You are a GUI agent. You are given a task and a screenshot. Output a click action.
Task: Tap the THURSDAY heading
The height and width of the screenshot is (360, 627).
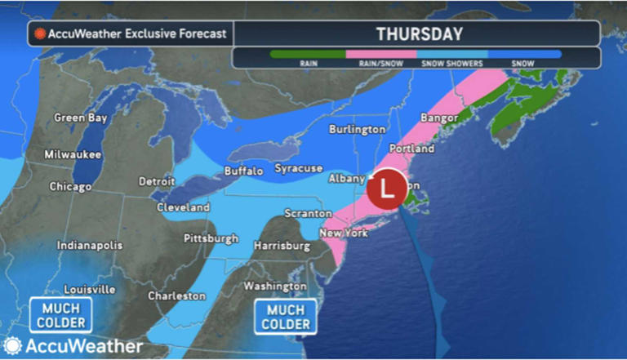[420, 34]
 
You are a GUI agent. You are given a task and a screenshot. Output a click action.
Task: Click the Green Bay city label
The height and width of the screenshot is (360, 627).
[81, 118]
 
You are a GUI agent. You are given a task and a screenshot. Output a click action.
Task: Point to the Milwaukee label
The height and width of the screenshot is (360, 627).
[73, 153]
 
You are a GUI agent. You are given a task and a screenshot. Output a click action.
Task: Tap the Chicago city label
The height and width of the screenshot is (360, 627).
[71, 186]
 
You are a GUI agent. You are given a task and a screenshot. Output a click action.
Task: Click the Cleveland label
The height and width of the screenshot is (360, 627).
[184, 207]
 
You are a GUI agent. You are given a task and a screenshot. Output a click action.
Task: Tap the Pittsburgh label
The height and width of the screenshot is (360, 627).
[211, 238]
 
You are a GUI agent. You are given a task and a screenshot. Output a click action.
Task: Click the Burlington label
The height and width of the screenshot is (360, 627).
[358, 129]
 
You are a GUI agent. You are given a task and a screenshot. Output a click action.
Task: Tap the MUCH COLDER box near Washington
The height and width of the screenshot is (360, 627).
[286, 317]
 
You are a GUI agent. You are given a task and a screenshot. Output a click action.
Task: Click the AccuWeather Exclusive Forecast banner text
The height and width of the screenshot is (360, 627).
[137, 34]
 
